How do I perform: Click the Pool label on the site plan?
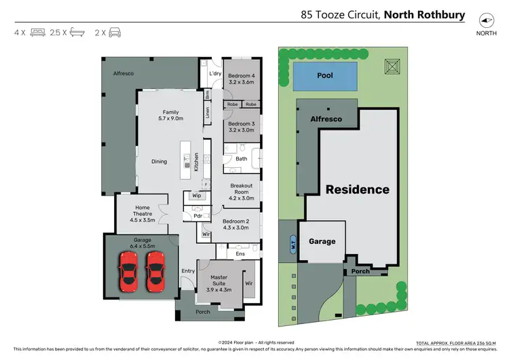[x=325, y=75]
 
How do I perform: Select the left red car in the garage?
[x=128, y=270]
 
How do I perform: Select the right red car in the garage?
[x=156, y=270]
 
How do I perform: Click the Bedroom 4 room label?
[x=241, y=78]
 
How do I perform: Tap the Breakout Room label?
[x=242, y=192]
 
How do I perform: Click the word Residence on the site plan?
[x=358, y=190]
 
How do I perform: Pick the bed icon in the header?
[x=37, y=32]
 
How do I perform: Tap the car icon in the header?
[x=115, y=32]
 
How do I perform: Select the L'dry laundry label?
[x=216, y=73]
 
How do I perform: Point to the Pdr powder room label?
[x=198, y=216]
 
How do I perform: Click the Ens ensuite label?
[x=240, y=254]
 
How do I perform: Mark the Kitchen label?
[x=196, y=161]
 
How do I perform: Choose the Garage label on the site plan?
[x=322, y=241]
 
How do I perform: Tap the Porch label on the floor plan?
[x=202, y=312]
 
